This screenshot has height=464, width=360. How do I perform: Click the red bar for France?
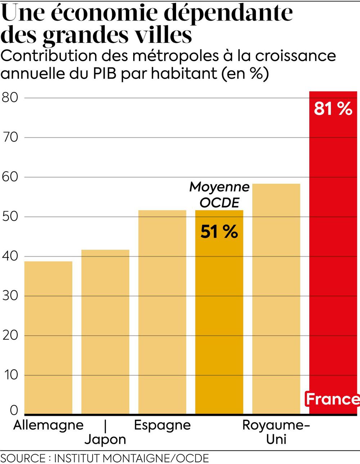point(333,252)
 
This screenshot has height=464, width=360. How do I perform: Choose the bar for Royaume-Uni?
point(276,299)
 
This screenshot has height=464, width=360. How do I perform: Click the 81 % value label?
point(333,109)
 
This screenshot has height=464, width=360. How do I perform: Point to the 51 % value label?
point(219,232)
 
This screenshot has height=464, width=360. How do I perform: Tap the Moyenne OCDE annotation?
point(219,195)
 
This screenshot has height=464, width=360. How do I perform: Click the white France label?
point(332,399)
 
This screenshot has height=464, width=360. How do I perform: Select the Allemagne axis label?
point(48,425)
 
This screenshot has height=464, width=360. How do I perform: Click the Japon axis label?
point(105,440)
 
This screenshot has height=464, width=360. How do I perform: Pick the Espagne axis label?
point(162,425)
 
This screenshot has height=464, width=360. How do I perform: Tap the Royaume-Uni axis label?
point(276,432)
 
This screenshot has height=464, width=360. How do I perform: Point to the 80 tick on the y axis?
point(10,97)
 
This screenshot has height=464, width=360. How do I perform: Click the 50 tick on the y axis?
point(10,217)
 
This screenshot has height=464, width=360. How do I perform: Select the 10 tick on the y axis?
point(10,375)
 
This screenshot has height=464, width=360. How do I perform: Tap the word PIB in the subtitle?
point(105,73)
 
